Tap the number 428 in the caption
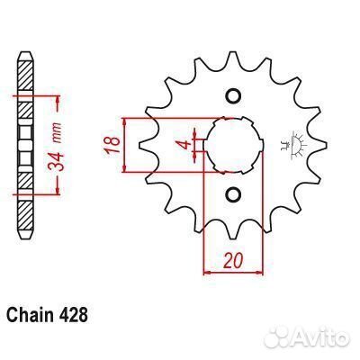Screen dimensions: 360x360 [75, 316]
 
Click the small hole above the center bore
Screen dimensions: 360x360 [234, 96]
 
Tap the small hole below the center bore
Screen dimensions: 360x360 [234, 193]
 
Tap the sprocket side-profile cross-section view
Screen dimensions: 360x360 [27, 144]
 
